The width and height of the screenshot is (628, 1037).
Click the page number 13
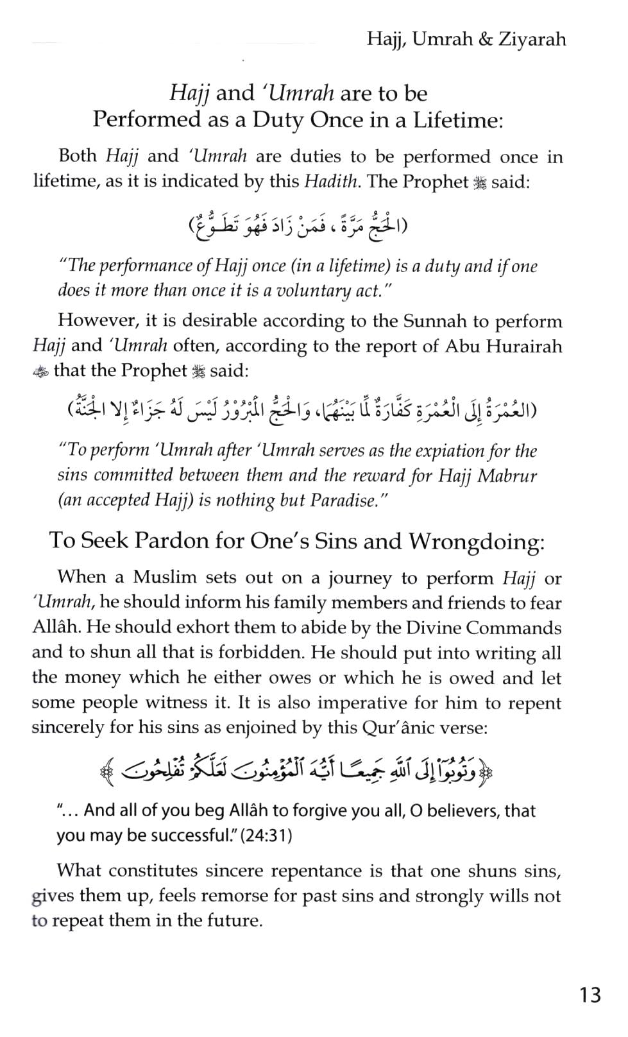point(590,995)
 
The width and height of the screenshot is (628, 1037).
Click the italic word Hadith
point(331,182)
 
